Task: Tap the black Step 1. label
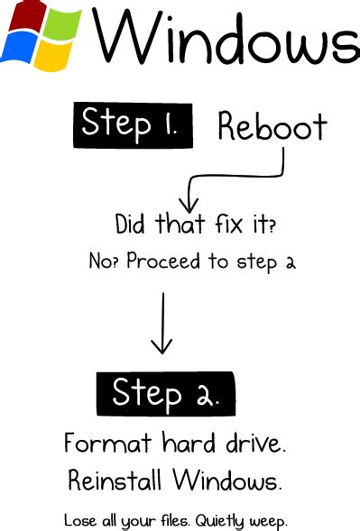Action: (133, 124)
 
